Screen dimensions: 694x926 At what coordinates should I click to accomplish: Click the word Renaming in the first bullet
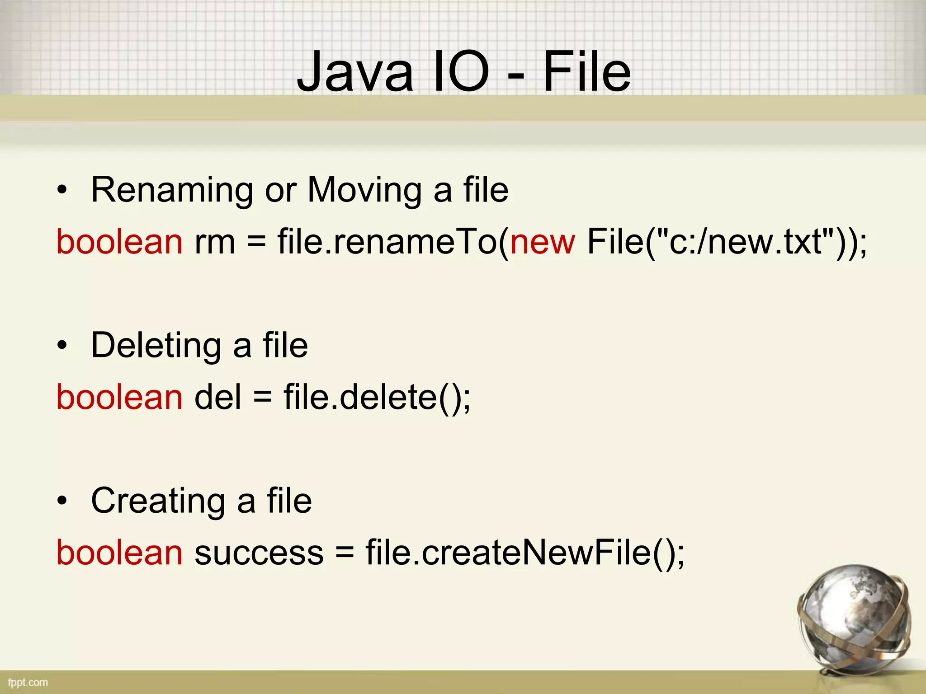pyautogui.click(x=172, y=190)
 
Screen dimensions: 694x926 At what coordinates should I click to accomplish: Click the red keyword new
pyautogui.click(x=543, y=242)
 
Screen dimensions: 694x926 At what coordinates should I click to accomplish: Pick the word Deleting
pyautogui.click(x=156, y=346)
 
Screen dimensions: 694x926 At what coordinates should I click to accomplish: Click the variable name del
pyautogui.click(x=218, y=397)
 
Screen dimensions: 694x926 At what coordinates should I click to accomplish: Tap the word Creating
pyautogui.click(x=158, y=501)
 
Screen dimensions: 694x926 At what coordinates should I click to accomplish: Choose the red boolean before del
pyautogui.click(x=119, y=397)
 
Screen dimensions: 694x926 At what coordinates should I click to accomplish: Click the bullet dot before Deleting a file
pyautogui.click(x=62, y=346)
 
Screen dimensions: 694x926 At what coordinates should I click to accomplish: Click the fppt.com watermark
pyautogui.click(x=28, y=682)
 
